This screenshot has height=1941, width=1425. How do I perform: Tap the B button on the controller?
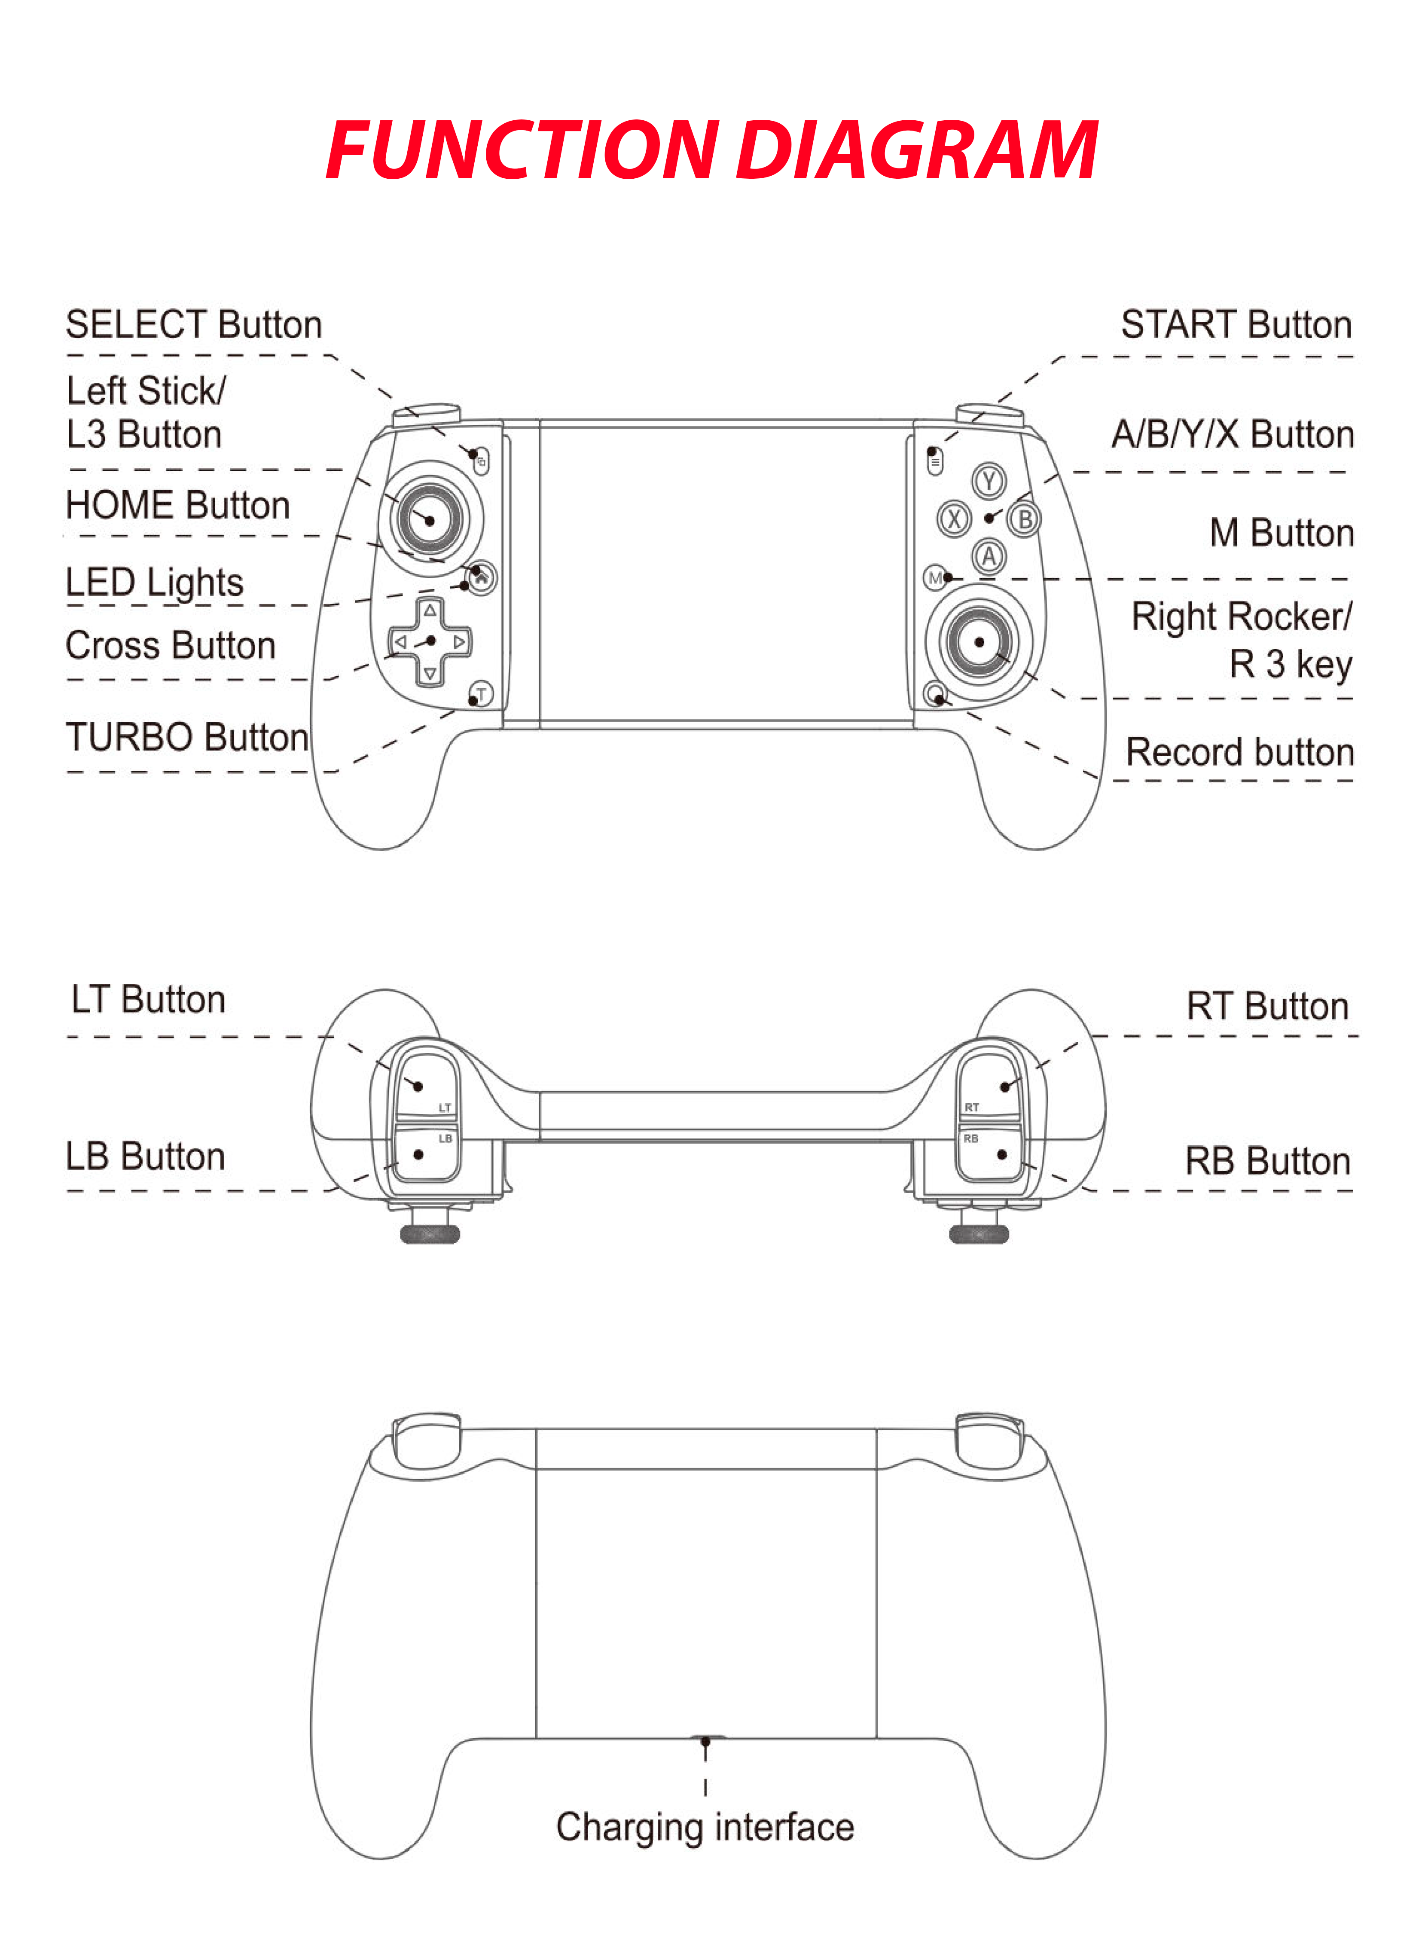[1025, 519]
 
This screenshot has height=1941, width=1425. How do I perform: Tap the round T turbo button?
[481, 693]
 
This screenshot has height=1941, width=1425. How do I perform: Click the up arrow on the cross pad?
[430, 611]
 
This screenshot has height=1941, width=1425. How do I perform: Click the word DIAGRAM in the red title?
[917, 150]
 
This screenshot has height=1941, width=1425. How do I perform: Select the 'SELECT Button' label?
[194, 324]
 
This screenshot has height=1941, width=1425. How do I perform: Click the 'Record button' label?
[1239, 752]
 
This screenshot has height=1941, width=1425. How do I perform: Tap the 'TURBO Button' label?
[187, 738]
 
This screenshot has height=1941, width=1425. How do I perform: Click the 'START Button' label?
[1236, 324]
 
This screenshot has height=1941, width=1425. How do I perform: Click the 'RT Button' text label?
[1267, 1006]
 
